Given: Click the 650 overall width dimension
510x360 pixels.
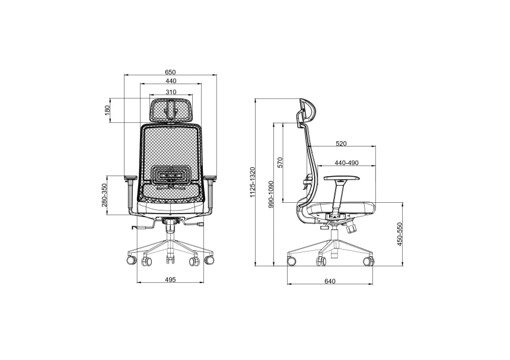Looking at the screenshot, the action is pos(170,72).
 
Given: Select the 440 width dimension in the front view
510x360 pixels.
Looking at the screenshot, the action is pos(171,81).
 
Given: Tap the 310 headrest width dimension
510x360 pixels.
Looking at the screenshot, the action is pos(171,92).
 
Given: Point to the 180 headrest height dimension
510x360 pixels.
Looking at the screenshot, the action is pos(107,110).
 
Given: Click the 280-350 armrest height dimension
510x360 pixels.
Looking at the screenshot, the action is pos(104,196).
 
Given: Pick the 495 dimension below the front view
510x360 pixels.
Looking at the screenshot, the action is pos(170,279).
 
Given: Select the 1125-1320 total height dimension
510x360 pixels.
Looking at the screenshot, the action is pos(253,183).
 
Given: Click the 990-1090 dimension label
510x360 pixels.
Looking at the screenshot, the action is pos(271,194).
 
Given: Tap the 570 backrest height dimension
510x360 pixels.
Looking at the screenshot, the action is pos(280,163).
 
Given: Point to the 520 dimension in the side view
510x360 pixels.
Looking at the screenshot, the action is pos(341,144).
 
